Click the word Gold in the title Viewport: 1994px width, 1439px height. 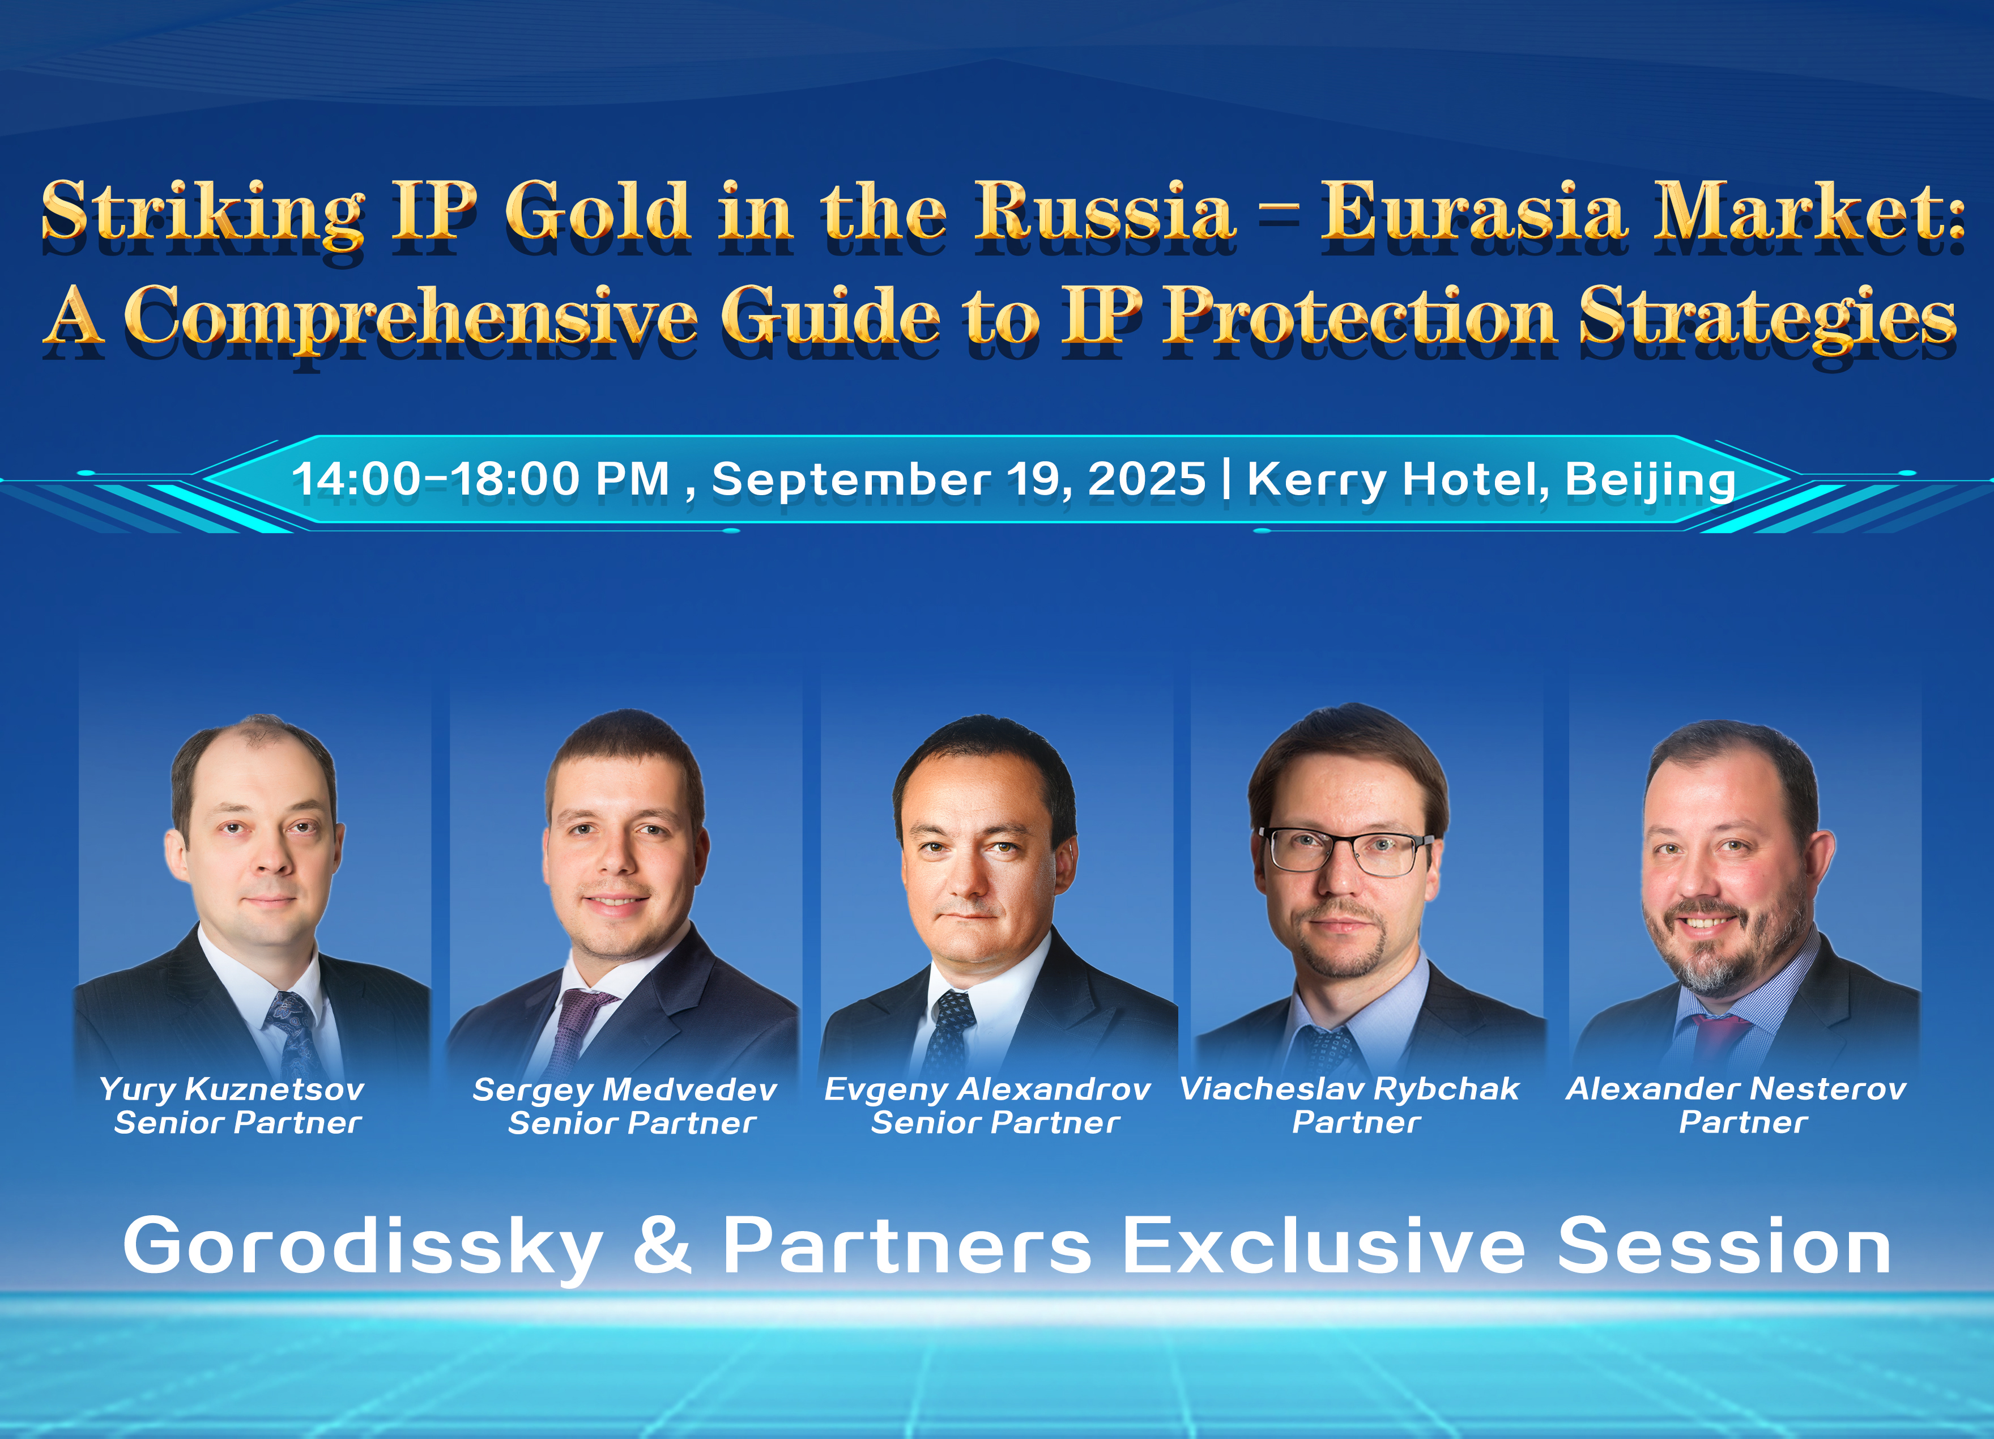click(x=597, y=210)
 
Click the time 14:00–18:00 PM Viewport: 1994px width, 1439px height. click(x=480, y=480)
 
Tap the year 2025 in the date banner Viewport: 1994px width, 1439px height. click(x=1147, y=479)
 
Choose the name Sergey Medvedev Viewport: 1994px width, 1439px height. click(x=624, y=1090)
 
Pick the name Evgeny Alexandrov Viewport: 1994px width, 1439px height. click(x=987, y=1090)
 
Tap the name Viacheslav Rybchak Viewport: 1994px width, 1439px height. click(x=1349, y=1090)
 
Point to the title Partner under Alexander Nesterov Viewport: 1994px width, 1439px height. click(x=1742, y=1122)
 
